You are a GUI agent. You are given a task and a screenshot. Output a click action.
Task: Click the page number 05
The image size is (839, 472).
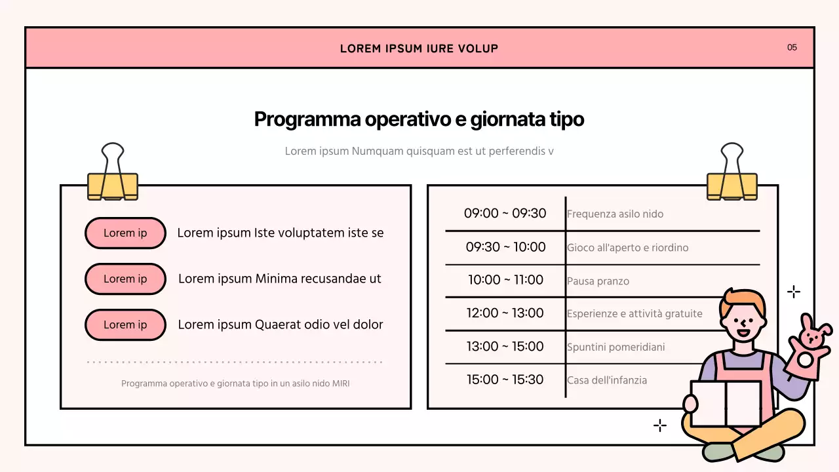[792, 47]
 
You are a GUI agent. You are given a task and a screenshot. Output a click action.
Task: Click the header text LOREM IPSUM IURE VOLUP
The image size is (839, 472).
[419, 49]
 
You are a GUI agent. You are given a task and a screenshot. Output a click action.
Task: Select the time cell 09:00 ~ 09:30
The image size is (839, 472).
[505, 213]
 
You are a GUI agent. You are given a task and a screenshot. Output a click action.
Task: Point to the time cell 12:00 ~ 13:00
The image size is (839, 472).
[505, 313]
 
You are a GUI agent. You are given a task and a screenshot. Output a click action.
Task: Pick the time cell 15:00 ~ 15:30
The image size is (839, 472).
[505, 380]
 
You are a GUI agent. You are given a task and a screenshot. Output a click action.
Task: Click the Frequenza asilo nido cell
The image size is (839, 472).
[615, 214]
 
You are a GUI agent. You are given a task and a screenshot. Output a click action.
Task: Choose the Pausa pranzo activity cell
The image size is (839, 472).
[598, 281]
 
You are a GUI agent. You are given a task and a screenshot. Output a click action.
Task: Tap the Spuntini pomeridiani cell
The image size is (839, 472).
[615, 347]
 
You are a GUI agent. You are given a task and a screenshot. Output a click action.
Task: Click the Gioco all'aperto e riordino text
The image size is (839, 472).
[627, 248]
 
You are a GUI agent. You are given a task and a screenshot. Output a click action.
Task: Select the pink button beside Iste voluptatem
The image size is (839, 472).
[125, 233]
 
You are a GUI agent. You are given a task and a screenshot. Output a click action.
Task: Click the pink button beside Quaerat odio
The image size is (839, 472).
[125, 324]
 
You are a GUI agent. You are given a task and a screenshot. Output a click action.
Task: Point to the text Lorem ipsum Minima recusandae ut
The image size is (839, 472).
[279, 279]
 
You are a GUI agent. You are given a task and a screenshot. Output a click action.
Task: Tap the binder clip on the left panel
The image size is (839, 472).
[113, 174]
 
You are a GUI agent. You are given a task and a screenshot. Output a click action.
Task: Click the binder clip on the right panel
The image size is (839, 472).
[732, 174]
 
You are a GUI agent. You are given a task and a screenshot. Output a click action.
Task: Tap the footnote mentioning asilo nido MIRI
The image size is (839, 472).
[235, 383]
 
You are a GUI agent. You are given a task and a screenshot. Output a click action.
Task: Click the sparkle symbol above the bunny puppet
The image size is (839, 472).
[793, 292]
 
